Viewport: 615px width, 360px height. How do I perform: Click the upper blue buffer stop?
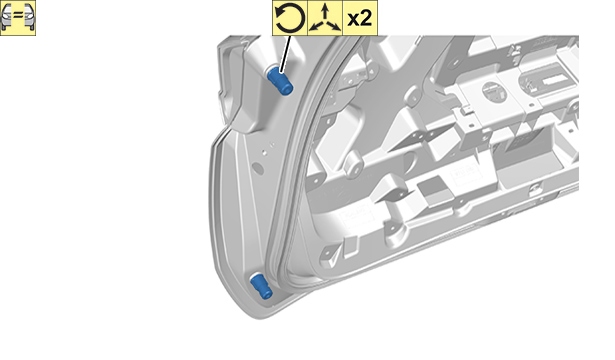pyautogui.click(x=279, y=80)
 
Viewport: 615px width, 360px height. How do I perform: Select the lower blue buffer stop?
pyautogui.click(x=261, y=286)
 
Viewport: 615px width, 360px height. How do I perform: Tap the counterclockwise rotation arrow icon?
pyautogui.click(x=290, y=18)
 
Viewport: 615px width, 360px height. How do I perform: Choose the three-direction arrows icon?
pyautogui.click(x=325, y=18)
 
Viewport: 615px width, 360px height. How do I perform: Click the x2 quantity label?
pyautogui.click(x=360, y=18)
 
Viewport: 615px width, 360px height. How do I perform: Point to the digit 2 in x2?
pyautogui.click(x=366, y=18)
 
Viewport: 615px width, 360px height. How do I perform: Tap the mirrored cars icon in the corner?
pyautogui.click(x=18, y=18)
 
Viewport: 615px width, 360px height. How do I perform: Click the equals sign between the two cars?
pyautogui.click(x=18, y=16)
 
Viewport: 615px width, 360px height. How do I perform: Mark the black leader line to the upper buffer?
pyautogui.click(x=286, y=54)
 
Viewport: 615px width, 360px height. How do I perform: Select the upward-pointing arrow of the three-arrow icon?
pyautogui.click(x=325, y=12)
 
